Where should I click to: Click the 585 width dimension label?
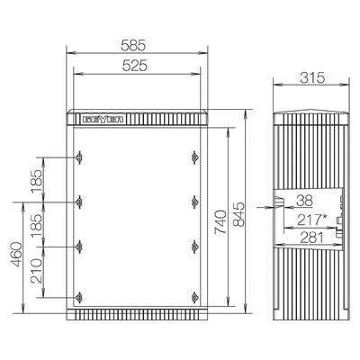[x=133, y=45]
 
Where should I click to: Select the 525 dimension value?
[x=135, y=66]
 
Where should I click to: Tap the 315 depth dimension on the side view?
[x=312, y=78]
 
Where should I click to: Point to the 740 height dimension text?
[x=220, y=222]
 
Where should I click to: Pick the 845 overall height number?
[x=239, y=214]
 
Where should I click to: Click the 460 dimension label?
[x=16, y=255]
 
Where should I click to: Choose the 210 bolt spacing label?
[x=37, y=271]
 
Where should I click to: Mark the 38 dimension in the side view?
[x=304, y=201]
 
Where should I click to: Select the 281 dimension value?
[x=312, y=238]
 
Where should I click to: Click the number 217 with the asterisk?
[x=312, y=220]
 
